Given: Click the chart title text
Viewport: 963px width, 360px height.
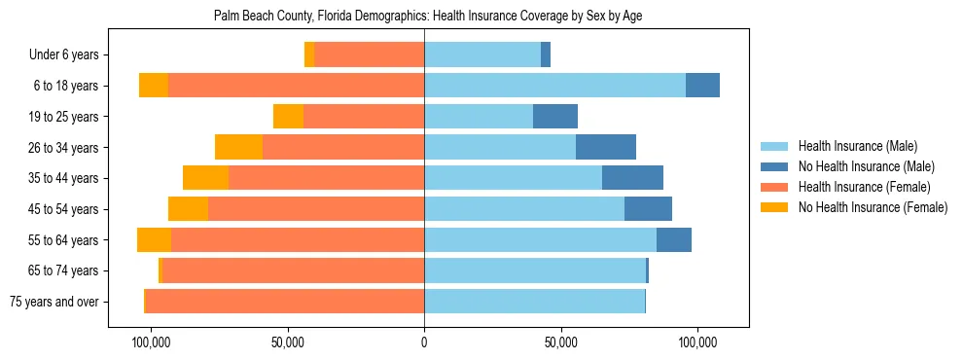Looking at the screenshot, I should (x=427, y=17).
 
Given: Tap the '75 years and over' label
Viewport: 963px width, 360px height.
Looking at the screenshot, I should (x=53, y=302).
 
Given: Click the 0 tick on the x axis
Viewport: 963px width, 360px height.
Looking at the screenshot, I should (x=424, y=342).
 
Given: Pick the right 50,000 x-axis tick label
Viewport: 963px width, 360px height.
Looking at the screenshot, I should (x=561, y=342).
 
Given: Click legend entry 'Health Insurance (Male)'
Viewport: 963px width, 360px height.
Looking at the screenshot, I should (x=858, y=146).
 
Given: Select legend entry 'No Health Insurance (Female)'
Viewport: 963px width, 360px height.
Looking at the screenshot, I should (x=873, y=207).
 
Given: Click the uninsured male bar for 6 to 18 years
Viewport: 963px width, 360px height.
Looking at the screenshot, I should (x=702, y=86).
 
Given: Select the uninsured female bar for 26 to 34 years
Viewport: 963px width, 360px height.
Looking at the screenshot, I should (x=238, y=147).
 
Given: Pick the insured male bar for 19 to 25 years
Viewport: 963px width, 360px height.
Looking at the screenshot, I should (x=479, y=117).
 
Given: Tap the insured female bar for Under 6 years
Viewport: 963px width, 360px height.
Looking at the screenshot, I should (x=370, y=55).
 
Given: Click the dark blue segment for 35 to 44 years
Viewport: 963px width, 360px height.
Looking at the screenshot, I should (x=632, y=178).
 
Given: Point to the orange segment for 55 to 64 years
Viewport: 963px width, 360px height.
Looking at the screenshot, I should (x=154, y=239).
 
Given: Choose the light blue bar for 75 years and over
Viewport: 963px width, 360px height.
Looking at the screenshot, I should (x=534, y=302).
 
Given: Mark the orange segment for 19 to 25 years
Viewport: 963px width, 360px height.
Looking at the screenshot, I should (x=288, y=117).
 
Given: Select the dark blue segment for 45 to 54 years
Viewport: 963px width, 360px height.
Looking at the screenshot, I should (x=648, y=209).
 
